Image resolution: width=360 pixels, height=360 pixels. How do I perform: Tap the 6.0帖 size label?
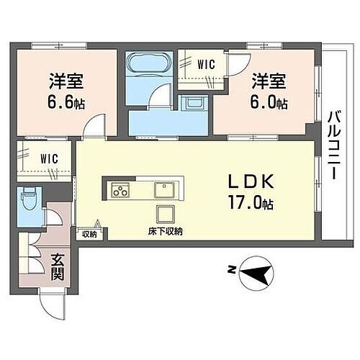tap(270, 102)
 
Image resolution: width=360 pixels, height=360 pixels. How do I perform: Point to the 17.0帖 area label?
tap(248, 203)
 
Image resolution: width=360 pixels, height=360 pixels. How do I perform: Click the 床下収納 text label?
tap(166, 231)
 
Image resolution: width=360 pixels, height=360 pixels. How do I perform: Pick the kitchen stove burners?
tap(120, 191)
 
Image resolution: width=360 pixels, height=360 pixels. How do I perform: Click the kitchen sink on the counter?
tap(163, 191)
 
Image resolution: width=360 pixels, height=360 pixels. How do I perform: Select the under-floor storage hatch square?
tap(166, 215)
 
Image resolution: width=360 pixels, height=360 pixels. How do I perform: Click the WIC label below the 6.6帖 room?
tap(49, 158)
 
